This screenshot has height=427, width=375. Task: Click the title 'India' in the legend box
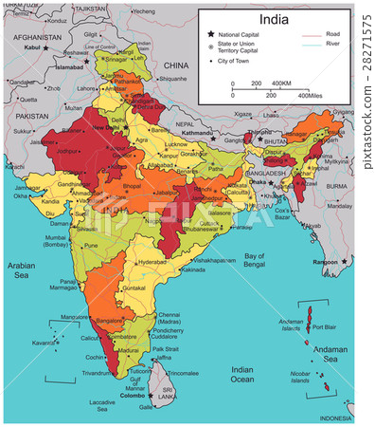274,20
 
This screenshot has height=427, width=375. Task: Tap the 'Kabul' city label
33,46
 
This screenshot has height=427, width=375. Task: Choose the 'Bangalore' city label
110,321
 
